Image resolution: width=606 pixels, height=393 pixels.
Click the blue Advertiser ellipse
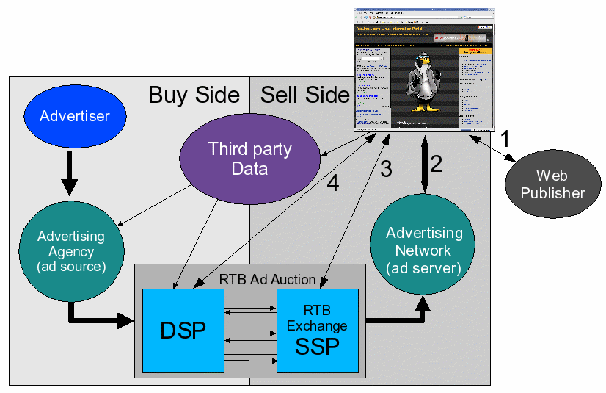point(74,116)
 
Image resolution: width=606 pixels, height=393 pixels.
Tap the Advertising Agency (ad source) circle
point(71,251)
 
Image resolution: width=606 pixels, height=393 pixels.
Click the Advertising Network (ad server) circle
point(424,250)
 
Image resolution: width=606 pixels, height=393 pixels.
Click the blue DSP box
point(183,331)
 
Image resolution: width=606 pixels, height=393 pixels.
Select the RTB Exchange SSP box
point(317,331)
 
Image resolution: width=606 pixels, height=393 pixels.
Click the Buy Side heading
point(194,95)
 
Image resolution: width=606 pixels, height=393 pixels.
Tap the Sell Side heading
point(305,95)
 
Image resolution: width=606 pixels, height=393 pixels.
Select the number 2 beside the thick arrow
point(436,164)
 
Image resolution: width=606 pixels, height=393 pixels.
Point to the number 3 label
point(386,169)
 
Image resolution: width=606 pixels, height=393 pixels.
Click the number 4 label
point(332,183)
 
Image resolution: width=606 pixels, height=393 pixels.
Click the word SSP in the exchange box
point(317,346)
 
